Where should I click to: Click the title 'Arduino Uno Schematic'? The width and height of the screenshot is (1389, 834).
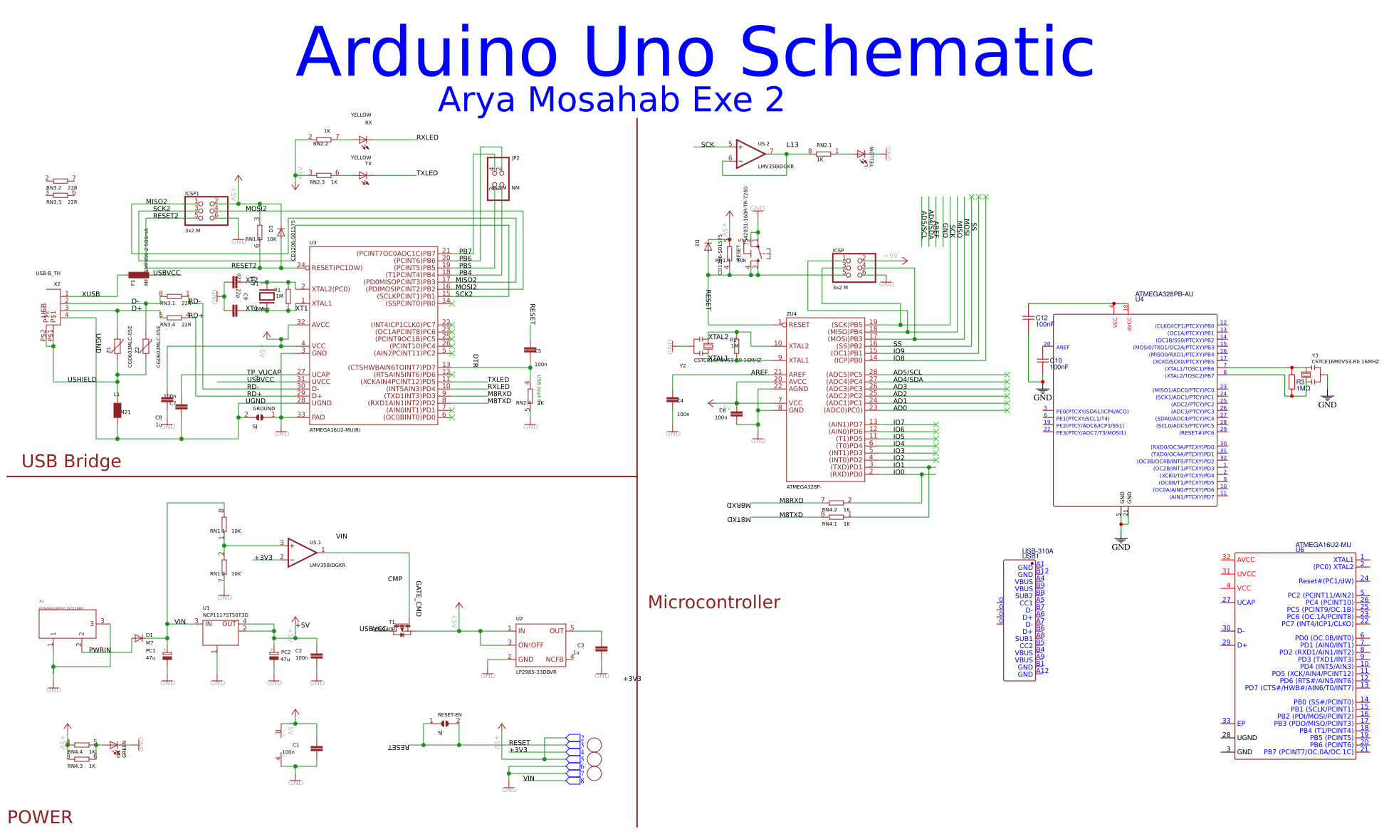click(x=695, y=51)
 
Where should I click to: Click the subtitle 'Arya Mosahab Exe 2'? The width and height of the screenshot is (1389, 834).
click(x=610, y=100)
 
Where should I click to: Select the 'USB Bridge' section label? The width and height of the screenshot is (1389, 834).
click(x=71, y=462)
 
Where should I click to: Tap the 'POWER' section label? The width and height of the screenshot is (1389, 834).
click(x=40, y=817)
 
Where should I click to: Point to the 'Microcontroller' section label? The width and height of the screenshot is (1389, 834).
click(x=713, y=603)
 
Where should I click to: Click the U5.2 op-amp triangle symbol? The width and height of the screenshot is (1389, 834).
click(x=749, y=154)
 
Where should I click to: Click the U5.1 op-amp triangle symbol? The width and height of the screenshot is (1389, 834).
click(x=301, y=553)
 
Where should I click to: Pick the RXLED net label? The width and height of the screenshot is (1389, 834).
click(x=427, y=137)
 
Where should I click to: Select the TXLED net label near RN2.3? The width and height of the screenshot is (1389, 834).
click(x=426, y=173)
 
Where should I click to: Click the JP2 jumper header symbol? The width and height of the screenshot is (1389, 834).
click(x=498, y=179)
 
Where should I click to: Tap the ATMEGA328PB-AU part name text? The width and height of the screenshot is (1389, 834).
click(x=1164, y=294)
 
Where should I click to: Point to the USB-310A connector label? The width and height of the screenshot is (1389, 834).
click(x=1037, y=551)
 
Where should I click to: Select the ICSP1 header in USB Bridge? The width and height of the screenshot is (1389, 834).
click(x=206, y=211)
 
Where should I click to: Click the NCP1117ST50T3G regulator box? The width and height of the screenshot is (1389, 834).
click(x=221, y=632)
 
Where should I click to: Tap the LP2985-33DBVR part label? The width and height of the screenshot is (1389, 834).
click(x=536, y=672)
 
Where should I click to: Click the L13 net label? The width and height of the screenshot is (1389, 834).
click(x=792, y=145)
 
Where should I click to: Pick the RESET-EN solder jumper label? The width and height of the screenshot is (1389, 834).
click(x=449, y=714)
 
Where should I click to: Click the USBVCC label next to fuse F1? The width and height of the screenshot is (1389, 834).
click(x=167, y=273)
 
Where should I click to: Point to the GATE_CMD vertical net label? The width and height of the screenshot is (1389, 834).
click(x=419, y=599)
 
